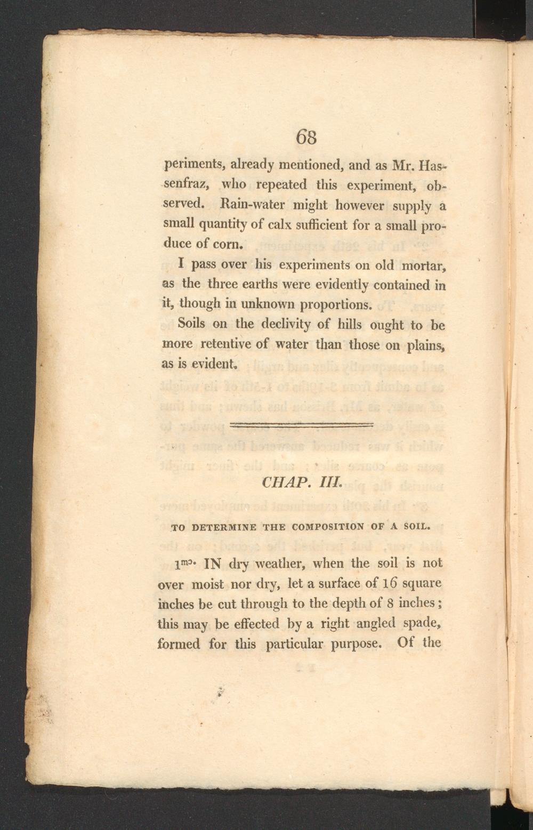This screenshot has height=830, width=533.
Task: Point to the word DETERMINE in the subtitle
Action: (x=223, y=528)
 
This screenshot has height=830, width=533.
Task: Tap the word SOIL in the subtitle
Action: (x=416, y=528)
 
